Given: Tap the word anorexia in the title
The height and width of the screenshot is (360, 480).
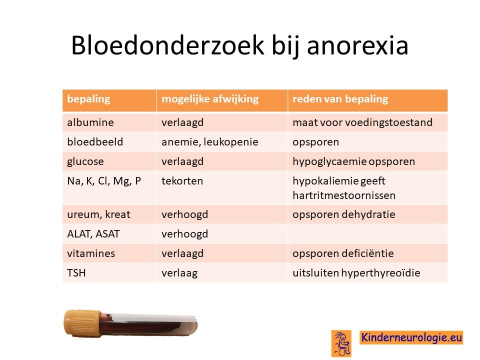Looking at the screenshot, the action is [x=357, y=46].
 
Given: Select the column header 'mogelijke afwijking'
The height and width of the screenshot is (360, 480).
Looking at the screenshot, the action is [x=210, y=99].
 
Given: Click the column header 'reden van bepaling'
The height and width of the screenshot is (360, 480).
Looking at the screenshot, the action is [x=340, y=99].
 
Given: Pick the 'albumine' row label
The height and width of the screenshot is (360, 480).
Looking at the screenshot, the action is [x=90, y=122].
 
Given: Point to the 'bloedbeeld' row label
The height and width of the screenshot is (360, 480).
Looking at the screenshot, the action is [x=95, y=141].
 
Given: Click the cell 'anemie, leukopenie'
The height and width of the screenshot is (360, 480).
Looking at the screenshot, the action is [x=209, y=142].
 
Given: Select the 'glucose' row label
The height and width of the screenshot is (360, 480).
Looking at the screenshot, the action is [x=85, y=161].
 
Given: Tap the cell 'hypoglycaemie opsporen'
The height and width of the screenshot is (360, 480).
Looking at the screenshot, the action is [x=353, y=161].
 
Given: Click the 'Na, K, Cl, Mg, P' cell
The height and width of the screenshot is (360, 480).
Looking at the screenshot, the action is [x=104, y=181].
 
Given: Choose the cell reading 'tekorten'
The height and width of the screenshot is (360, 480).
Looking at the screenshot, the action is [x=182, y=181].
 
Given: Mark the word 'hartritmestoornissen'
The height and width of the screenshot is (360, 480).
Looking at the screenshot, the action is [x=344, y=195].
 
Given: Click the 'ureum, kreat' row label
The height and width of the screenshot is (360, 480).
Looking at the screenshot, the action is [x=98, y=214].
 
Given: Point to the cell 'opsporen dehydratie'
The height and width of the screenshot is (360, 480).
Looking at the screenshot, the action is [x=343, y=214].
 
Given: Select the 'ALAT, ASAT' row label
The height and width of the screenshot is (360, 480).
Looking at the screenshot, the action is [x=93, y=234].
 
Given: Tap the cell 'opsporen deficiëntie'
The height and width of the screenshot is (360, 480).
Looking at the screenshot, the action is [x=343, y=253].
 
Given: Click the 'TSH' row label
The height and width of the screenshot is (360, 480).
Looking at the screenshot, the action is [x=76, y=273].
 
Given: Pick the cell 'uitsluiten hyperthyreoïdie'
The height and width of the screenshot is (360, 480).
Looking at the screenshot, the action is [x=356, y=273].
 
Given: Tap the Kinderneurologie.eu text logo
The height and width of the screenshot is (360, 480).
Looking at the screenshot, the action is [x=411, y=337].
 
